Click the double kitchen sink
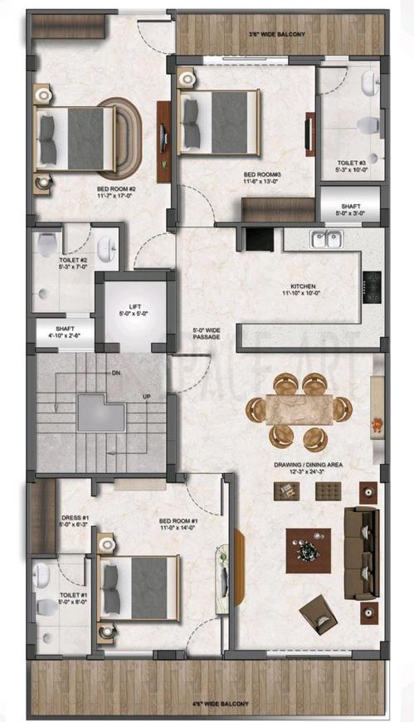pos(324,240)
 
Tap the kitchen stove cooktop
pos(372,286)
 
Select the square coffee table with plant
pos(308,550)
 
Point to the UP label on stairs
pos(146,397)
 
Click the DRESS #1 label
pos(75,521)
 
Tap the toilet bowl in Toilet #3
pos(366,125)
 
